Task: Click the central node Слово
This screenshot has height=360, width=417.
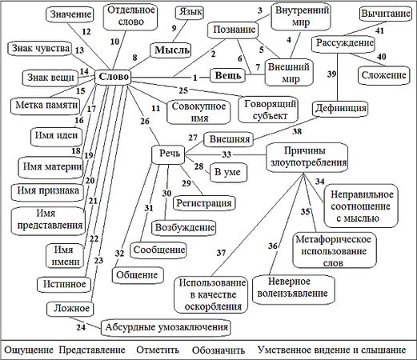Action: [x=114, y=77]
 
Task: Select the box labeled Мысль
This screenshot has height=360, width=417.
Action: [x=170, y=50]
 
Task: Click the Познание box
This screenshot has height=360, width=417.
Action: [x=231, y=30]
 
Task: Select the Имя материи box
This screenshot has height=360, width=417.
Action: [x=53, y=166]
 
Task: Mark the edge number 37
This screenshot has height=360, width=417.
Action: [x=221, y=253]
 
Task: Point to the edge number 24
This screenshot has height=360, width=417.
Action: [x=81, y=326]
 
